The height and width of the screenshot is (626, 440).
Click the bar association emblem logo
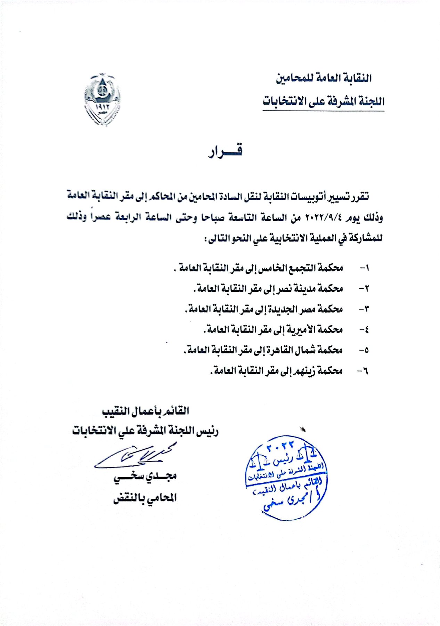pos(102,99)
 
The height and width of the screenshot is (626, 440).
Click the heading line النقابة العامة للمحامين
pos(324,78)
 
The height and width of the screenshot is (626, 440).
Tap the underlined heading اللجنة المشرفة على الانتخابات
pos(323,102)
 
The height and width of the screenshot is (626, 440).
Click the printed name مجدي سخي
pos(145,476)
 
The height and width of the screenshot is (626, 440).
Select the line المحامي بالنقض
pos(145,498)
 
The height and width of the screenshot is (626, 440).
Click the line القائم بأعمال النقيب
pos(145,411)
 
